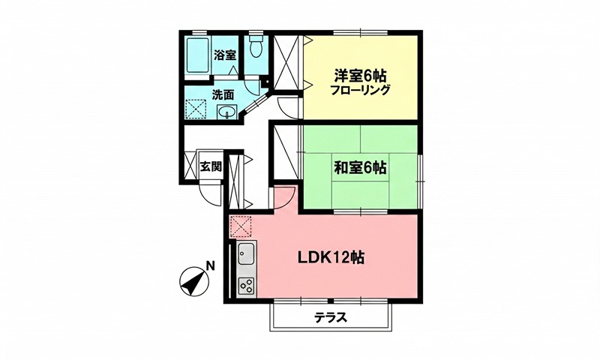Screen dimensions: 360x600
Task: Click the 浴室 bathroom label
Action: pos(225,55)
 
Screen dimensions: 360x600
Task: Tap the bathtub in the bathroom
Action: pos(198,56)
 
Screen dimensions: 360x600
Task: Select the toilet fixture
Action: pos(256,49)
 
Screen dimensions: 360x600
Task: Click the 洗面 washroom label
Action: pos(223,95)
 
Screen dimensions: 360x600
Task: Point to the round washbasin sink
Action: pos(227,112)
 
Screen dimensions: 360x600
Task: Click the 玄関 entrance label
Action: pos(211,166)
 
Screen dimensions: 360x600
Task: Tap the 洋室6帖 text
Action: pos(360,75)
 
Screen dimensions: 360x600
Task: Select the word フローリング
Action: pos(360,91)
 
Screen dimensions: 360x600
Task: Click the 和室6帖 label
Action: pos(360,166)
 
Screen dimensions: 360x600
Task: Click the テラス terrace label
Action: pos(331,316)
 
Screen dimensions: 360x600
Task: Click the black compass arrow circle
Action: pos(193,283)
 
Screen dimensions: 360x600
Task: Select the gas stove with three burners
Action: pos(246,285)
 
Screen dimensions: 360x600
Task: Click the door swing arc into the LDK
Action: pos(283,196)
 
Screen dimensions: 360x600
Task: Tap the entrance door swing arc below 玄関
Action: pos(211,191)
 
